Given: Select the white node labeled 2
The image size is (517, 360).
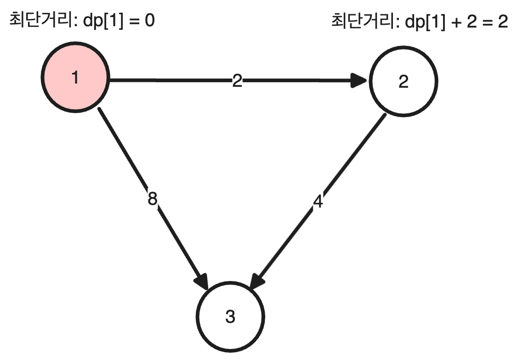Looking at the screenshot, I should point(403,82).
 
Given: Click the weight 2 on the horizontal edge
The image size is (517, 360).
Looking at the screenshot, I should point(237,81).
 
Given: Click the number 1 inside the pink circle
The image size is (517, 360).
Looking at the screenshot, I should point(75,78).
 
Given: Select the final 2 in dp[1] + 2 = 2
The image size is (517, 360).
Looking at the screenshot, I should point(502,22).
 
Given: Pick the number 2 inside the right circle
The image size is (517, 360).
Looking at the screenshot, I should point(403,82).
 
